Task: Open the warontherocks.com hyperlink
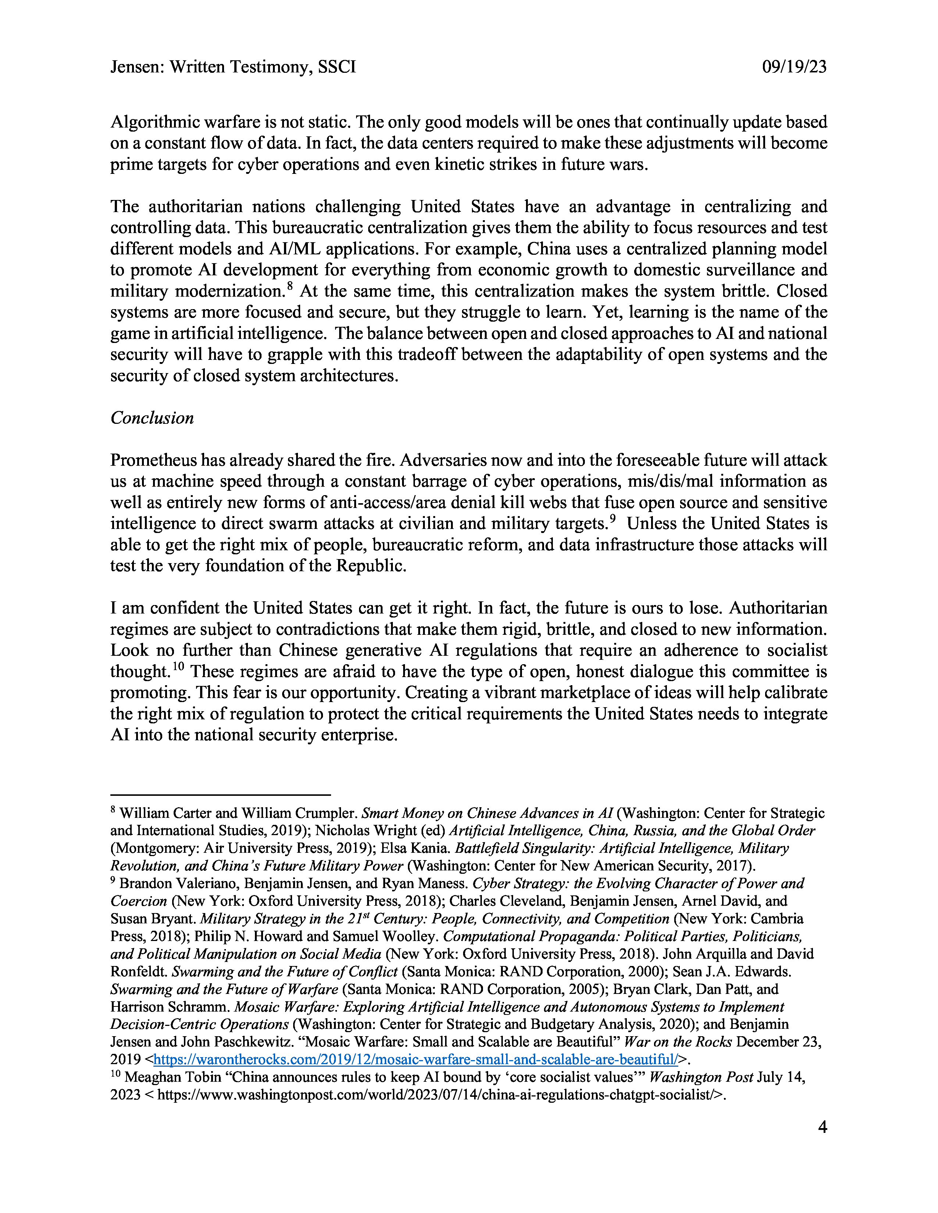416,1059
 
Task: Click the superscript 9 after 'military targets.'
613,519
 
